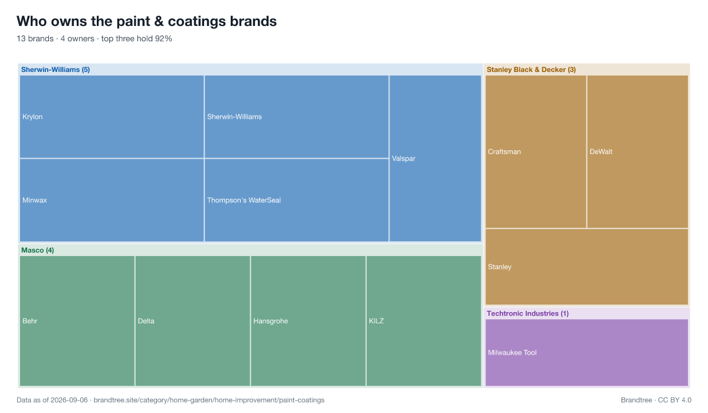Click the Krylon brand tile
tap(112, 117)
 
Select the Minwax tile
tap(112, 200)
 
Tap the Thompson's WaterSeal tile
tap(296, 200)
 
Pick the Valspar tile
tap(435, 158)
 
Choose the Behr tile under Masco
tap(77, 321)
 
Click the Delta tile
tap(192, 321)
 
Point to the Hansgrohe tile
tap(308, 321)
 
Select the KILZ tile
tap(424, 321)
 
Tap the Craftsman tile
tap(536, 152)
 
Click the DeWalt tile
tap(638, 152)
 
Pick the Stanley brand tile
tap(586, 267)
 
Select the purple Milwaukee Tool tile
tap(586, 353)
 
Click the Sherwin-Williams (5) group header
tap(55, 70)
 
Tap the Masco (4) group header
tap(37, 250)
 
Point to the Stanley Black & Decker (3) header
tap(531, 70)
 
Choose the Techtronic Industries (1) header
tap(527, 313)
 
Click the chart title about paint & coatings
tap(147, 21)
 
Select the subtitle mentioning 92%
tap(94, 38)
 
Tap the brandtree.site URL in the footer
tap(209, 400)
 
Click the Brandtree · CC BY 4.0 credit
tap(656, 400)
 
